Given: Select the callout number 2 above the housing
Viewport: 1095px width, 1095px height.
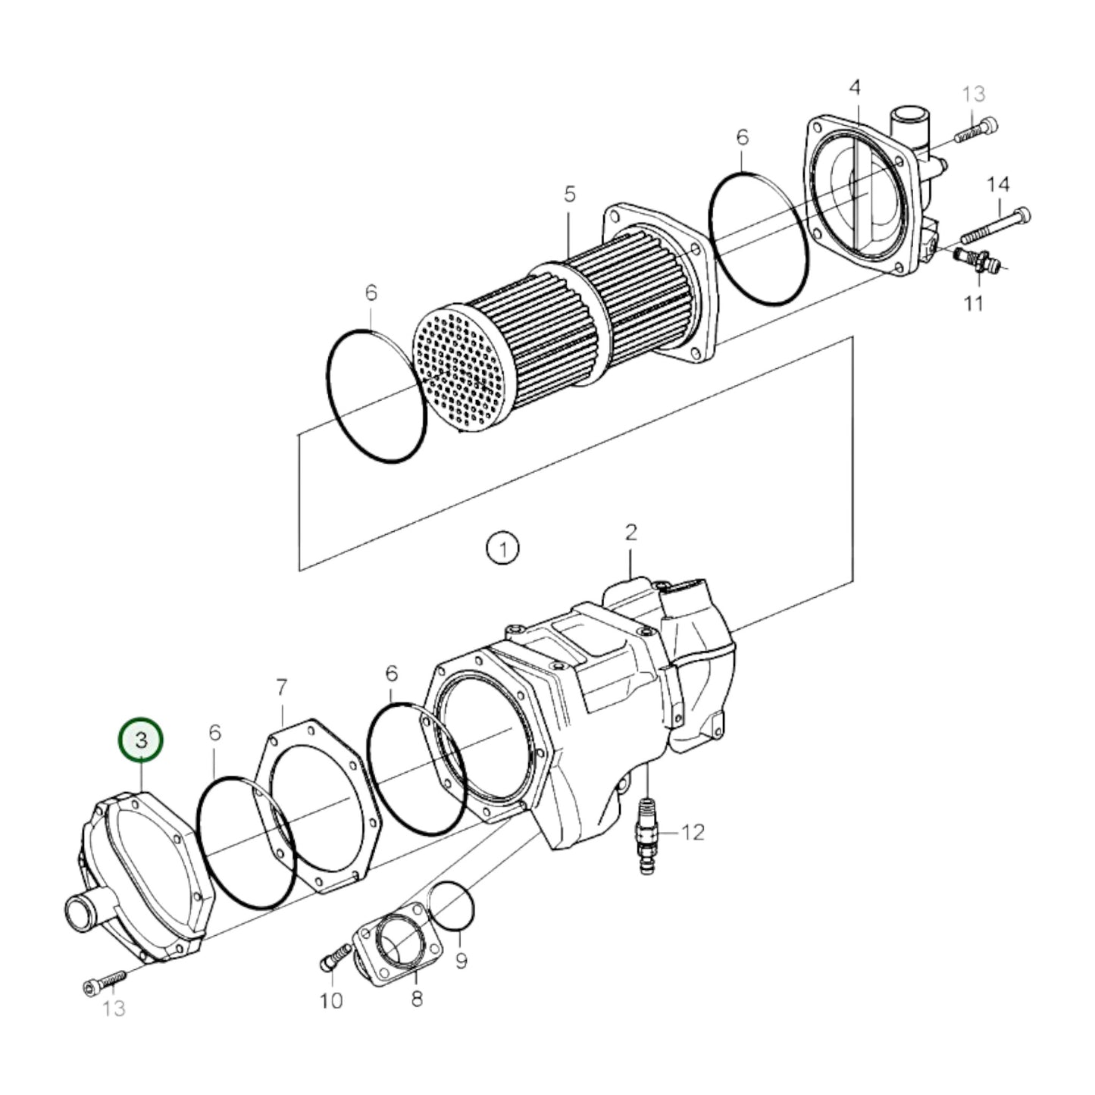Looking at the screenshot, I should pyautogui.click(x=631, y=532).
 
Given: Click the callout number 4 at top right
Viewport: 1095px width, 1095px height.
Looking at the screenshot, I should pyautogui.click(x=855, y=88).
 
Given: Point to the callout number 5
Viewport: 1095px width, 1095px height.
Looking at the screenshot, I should pyautogui.click(x=569, y=195).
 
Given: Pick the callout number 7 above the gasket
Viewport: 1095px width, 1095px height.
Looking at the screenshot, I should pyautogui.click(x=281, y=687).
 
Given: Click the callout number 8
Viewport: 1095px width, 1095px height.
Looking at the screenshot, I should pyautogui.click(x=417, y=999).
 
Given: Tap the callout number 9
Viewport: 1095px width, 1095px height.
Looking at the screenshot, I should pyautogui.click(x=461, y=962).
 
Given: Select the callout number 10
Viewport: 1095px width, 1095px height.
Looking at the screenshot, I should pyautogui.click(x=331, y=1001).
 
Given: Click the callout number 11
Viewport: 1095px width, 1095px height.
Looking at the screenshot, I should pyautogui.click(x=973, y=303).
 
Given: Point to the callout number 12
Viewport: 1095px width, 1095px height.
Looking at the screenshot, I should pyautogui.click(x=693, y=833).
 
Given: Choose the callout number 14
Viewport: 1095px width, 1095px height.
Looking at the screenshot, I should pyautogui.click(x=998, y=184).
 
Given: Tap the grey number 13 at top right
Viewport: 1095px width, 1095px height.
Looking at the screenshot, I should pyautogui.click(x=973, y=94).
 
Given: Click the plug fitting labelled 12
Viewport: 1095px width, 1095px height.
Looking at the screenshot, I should pyautogui.click(x=647, y=834).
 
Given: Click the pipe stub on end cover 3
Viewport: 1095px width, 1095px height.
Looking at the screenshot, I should pyautogui.click(x=82, y=906).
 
